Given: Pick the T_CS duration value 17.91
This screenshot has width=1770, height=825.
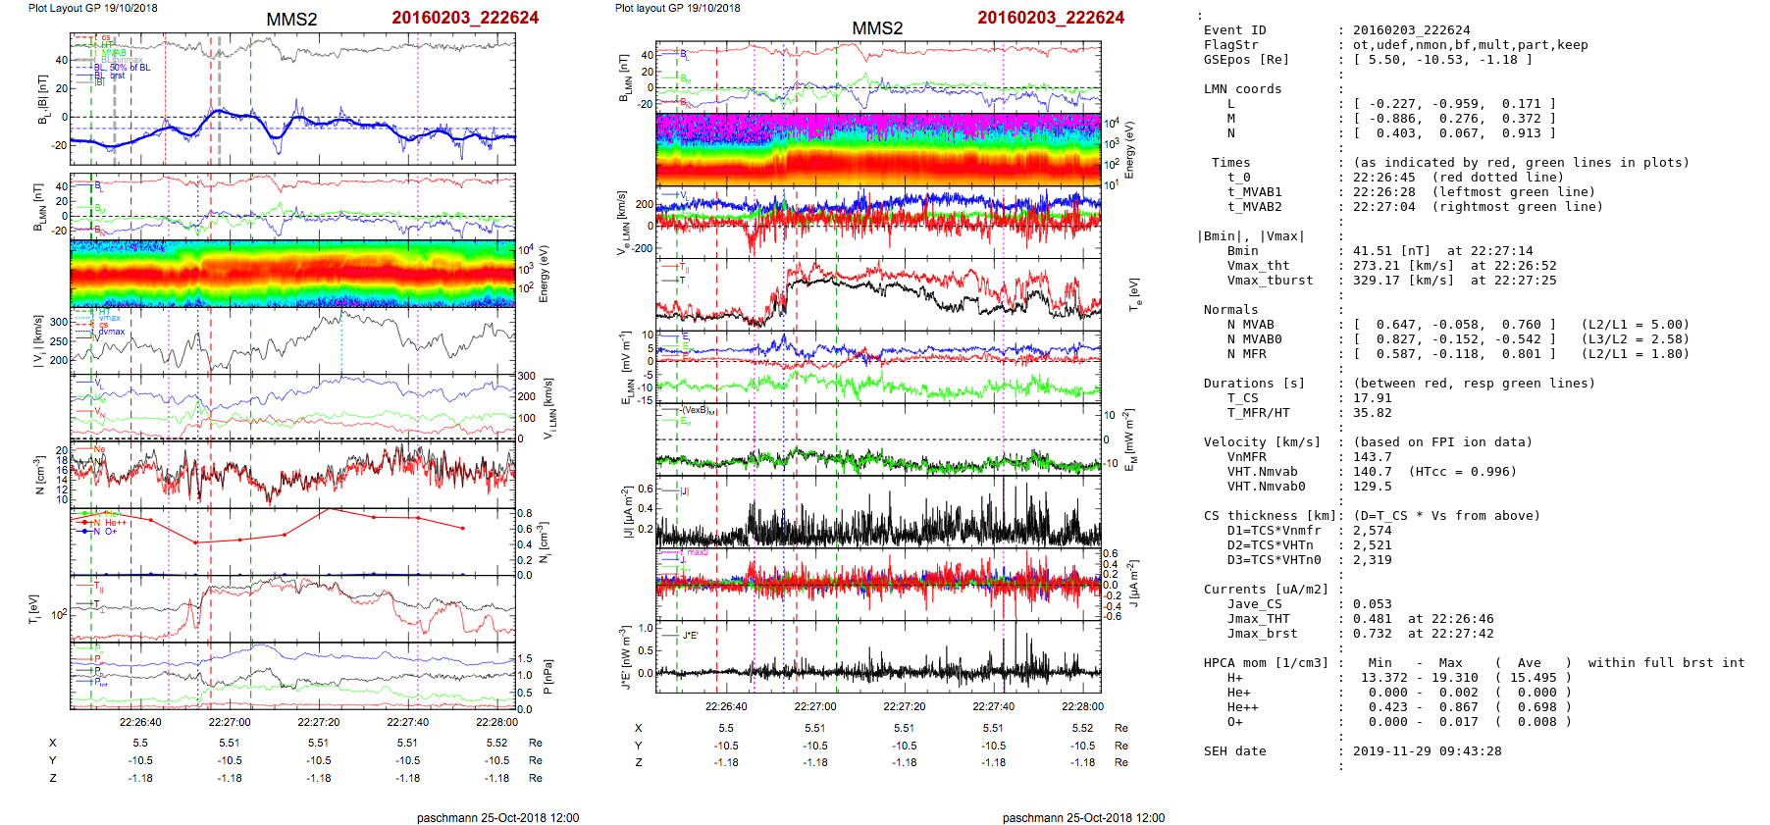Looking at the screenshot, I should point(1372,398).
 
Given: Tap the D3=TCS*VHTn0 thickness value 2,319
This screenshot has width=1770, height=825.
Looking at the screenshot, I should point(1372,560).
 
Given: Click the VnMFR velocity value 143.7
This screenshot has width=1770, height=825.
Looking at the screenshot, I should point(1372,457).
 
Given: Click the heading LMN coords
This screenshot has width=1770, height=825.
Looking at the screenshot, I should point(1242,89).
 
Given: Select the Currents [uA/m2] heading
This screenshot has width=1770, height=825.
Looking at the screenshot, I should point(1266,590).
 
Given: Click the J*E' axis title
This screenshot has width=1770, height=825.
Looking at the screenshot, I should point(625,658).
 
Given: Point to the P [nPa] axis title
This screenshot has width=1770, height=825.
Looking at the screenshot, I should point(547,677).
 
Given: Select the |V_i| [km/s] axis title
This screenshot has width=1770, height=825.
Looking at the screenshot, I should point(39,341).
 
